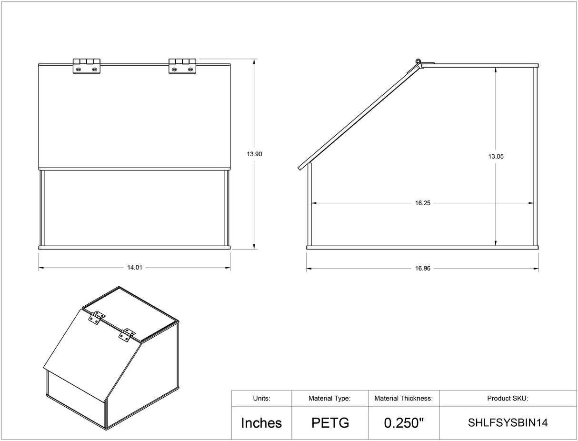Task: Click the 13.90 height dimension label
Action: pyautogui.click(x=254, y=154)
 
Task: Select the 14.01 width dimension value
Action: pyautogui.click(x=135, y=268)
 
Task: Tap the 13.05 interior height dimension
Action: pyautogui.click(x=496, y=156)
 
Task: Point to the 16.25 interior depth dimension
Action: pyautogui.click(x=423, y=203)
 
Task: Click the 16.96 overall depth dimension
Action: pyautogui.click(x=423, y=268)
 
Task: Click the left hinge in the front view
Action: pyautogui.click(x=86, y=66)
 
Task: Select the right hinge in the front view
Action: pyautogui.click(x=182, y=66)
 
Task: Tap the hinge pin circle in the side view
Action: pyautogui.click(x=418, y=61)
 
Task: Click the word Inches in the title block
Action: pyautogui.click(x=261, y=423)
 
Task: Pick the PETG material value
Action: pyautogui.click(x=330, y=423)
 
